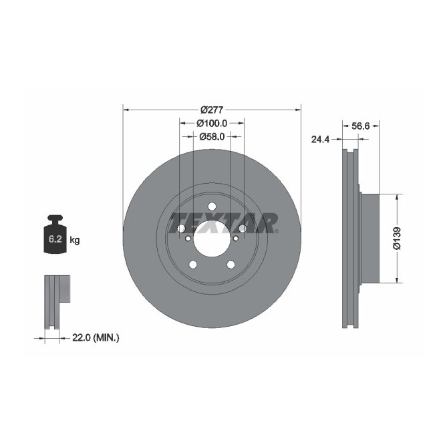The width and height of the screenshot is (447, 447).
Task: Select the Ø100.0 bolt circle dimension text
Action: coord(212,123)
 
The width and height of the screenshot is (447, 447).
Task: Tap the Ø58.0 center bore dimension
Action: coord(212,136)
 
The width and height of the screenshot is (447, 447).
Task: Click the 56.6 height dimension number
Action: coord(361,124)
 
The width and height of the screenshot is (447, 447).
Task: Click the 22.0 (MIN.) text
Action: coord(94,339)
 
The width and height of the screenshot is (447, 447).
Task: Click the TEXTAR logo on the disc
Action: coord(222,221)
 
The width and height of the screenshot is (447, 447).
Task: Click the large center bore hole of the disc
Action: coord(212,239)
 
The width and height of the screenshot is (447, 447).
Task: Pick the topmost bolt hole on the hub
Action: coord(212,206)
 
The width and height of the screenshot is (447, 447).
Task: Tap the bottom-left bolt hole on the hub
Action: coord(193,265)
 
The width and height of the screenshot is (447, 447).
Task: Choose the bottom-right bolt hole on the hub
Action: coord(231,265)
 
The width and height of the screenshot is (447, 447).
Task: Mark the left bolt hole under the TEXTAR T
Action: coord(180,229)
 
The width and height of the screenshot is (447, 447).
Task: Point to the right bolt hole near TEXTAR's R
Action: coord(243,229)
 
